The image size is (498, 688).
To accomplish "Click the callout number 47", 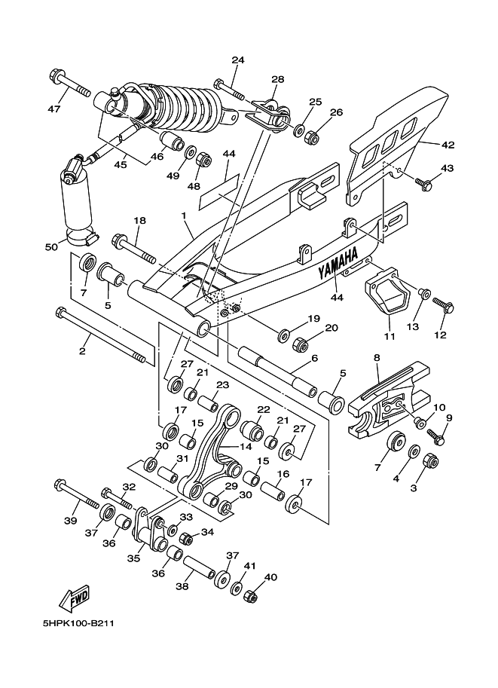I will (x=53, y=109).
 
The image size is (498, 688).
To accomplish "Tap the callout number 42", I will (x=448, y=144).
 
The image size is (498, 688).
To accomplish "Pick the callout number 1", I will (x=184, y=216).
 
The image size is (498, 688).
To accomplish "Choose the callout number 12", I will (x=440, y=335).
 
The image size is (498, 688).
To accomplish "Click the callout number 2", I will (x=82, y=351).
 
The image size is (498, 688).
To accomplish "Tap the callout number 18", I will (x=140, y=221).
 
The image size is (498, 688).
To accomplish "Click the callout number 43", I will (x=447, y=168).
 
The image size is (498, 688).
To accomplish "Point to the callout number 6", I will (x=314, y=358).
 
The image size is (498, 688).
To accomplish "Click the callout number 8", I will (x=377, y=359).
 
